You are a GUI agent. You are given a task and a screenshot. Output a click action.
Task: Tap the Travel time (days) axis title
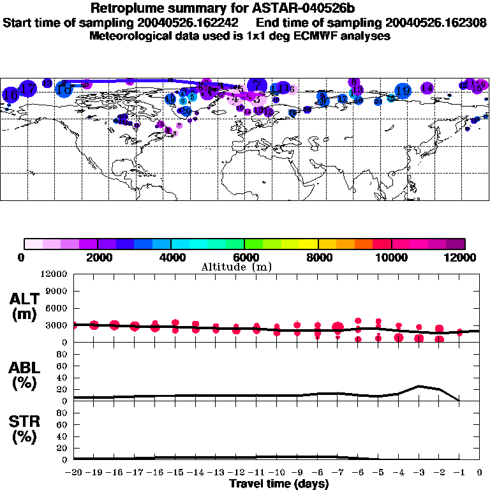pos(279,484)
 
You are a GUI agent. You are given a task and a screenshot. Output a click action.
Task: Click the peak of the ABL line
pos(419,386)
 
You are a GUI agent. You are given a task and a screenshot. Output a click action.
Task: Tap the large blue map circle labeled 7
pos(256,85)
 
